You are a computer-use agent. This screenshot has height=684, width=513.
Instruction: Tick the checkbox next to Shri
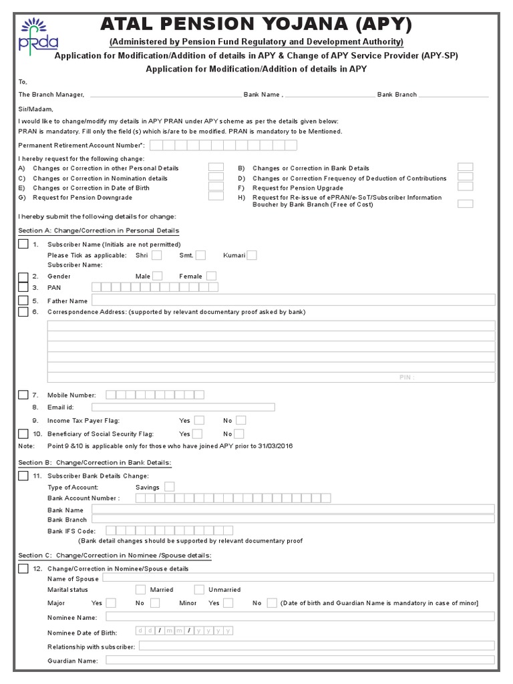[156, 255]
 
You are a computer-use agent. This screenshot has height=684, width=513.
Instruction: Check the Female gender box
[211, 276]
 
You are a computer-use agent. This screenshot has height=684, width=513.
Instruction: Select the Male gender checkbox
[158, 276]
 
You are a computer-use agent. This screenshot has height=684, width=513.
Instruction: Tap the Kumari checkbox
[252, 255]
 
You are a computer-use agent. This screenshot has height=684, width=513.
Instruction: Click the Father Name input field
[293, 300]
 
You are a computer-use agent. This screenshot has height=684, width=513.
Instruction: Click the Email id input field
[183, 407]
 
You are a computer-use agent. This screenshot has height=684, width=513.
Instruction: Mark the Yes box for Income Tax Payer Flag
[199, 420]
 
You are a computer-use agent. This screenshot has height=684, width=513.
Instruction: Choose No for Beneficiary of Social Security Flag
[240, 434]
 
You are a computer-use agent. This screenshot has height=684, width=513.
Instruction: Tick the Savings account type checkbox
[170, 487]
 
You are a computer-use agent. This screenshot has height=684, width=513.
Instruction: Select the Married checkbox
[140, 589]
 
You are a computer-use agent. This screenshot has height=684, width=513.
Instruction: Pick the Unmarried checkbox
[199, 589]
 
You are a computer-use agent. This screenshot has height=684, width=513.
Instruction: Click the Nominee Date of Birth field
[184, 631]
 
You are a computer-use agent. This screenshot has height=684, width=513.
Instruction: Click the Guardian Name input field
[300, 661]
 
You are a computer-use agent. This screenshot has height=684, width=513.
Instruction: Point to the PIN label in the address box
[407, 377]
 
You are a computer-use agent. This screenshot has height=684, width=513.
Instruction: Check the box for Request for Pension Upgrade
[466, 187]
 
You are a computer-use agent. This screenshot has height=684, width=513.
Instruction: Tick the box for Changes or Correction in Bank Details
[466, 168]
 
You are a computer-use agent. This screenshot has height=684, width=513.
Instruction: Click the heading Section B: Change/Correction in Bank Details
[95, 462]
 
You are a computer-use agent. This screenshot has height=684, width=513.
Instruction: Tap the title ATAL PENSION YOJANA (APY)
[256, 25]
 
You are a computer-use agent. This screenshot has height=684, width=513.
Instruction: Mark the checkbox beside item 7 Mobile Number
[23, 395]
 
